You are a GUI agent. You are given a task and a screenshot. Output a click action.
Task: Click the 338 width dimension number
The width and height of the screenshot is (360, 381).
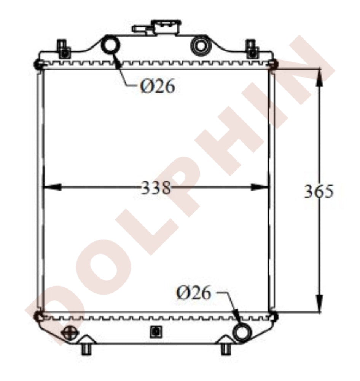pos(156,187)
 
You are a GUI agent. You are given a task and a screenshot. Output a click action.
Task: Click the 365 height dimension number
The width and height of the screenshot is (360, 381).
pos(319,192)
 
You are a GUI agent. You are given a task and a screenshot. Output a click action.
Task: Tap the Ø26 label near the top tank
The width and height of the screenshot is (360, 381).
pos(158,87)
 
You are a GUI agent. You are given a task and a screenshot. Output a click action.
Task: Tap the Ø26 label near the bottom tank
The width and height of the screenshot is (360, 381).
pos(193,293)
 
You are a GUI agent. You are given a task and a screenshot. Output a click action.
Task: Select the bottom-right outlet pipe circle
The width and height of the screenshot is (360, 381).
pos(241,333)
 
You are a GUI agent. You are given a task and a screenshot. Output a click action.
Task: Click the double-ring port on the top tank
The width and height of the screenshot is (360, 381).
pos(200,45)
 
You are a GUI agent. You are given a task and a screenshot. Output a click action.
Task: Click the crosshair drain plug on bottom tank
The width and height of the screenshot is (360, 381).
pos(70,332)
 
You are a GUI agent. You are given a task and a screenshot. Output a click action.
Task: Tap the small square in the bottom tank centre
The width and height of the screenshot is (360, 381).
pos(155,331)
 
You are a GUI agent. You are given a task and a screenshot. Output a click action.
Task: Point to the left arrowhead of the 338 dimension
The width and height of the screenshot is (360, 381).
pos(51,187)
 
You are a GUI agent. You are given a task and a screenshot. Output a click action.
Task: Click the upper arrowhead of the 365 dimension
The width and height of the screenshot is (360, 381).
pos(319,76)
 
